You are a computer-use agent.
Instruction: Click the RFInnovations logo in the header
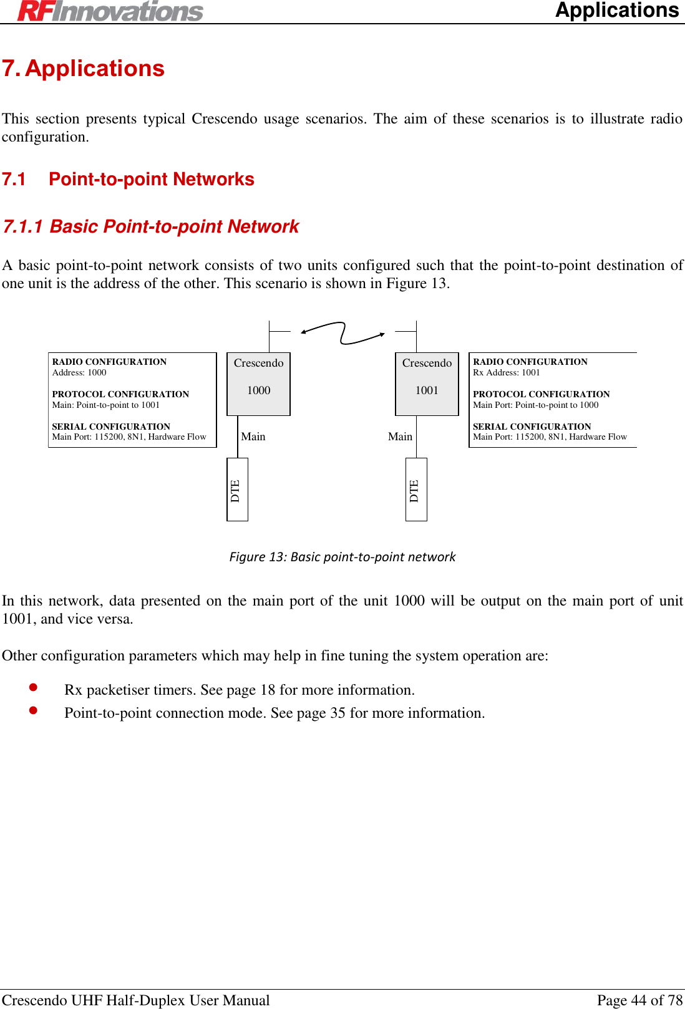click(x=110, y=11)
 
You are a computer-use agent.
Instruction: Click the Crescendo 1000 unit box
click(x=258, y=384)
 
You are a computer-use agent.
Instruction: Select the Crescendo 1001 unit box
click(x=427, y=384)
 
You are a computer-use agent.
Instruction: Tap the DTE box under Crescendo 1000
click(x=237, y=490)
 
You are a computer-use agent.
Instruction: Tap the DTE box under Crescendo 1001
click(x=416, y=490)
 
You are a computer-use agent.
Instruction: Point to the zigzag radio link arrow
click(x=342, y=332)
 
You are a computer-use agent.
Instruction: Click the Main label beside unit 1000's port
click(x=253, y=437)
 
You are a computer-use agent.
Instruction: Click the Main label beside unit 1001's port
click(x=400, y=437)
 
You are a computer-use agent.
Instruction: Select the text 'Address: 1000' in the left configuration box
click(x=79, y=372)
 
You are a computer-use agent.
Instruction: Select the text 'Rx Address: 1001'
click(x=507, y=372)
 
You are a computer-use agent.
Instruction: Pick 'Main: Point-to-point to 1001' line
click(x=106, y=405)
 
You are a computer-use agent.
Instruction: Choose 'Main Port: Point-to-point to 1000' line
click(x=536, y=405)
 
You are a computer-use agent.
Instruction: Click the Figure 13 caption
click(x=342, y=556)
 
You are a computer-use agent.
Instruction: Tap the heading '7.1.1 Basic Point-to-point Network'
click(x=151, y=226)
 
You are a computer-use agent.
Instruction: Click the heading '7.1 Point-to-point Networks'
click(x=129, y=180)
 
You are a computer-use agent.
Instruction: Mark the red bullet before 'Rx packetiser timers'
click(x=34, y=687)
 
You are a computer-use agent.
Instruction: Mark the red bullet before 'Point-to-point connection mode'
click(x=34, y=710)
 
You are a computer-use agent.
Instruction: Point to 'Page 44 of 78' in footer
click(x=639, y=1000)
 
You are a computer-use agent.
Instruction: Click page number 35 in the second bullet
click(x=338, y=713)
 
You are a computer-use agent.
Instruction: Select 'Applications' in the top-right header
click(x=616, y=11)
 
